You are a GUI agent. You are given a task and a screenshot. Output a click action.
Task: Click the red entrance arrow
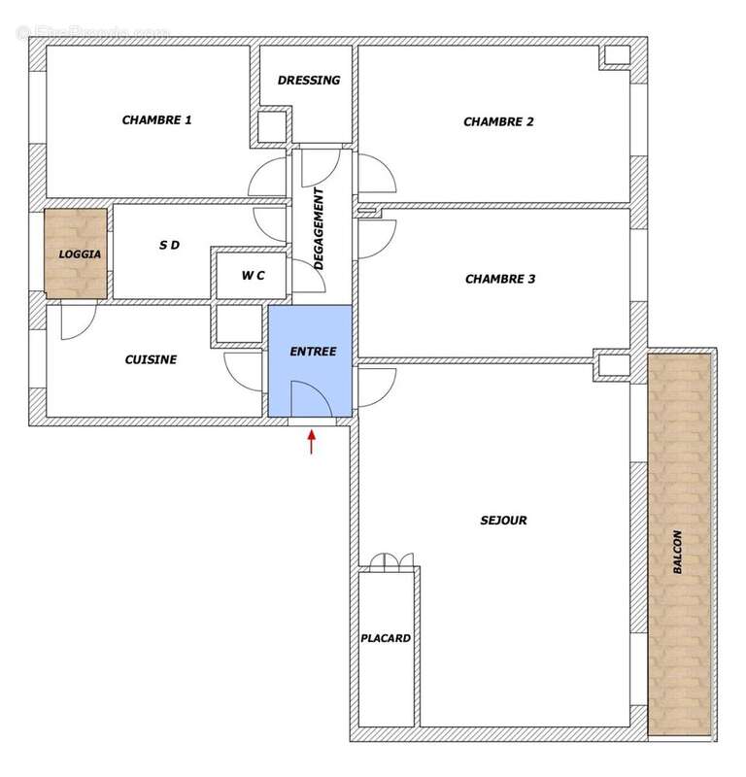coord(311,442)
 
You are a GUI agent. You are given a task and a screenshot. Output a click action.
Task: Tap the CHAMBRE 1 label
coord(156,120)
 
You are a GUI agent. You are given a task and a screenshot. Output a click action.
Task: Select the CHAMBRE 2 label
coord(498,121)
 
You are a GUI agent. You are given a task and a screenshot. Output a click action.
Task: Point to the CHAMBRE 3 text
coord(500,279)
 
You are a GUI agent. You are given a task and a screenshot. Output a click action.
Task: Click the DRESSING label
coord(308,81)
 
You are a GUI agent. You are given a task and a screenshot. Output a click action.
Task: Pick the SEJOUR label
coord(503,520)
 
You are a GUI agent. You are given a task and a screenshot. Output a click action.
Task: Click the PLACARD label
coord(386,638)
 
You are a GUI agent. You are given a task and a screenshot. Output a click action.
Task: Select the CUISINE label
coord(151,359)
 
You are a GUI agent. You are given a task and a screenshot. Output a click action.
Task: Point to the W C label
coord(253,276)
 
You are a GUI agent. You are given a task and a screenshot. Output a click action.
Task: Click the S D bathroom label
coord(169,246)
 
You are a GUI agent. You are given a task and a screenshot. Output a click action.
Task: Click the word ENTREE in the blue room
coord(313,352)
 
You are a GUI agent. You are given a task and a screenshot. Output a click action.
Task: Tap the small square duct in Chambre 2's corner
coord(615,55)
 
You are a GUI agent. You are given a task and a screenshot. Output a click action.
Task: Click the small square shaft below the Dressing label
coord(271,125)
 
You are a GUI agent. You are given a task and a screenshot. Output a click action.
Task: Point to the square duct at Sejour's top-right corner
coord(614,365)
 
